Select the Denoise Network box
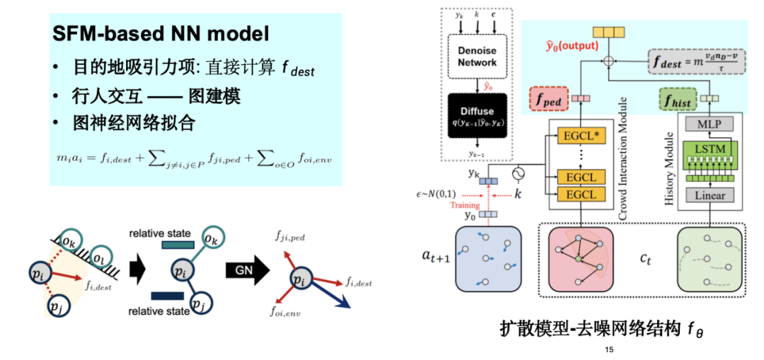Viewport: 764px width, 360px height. [477, 55]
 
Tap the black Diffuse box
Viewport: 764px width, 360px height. [477, 116]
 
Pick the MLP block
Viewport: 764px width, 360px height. [709, 124]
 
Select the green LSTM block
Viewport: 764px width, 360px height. [709, 151]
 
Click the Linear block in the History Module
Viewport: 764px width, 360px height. [709, 195]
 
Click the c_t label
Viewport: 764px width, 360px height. [647, 260]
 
